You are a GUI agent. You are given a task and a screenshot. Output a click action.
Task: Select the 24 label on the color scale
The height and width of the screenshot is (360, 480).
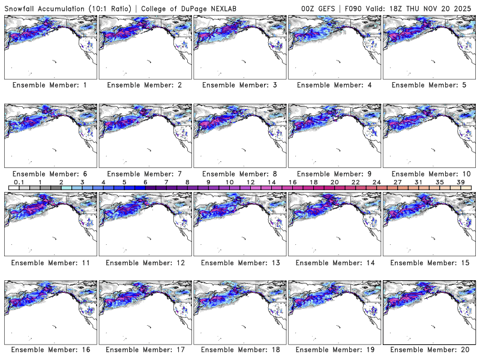[x=376, y=181]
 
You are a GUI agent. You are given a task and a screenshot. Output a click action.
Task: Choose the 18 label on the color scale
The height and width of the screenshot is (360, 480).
[x=313, y=181]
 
